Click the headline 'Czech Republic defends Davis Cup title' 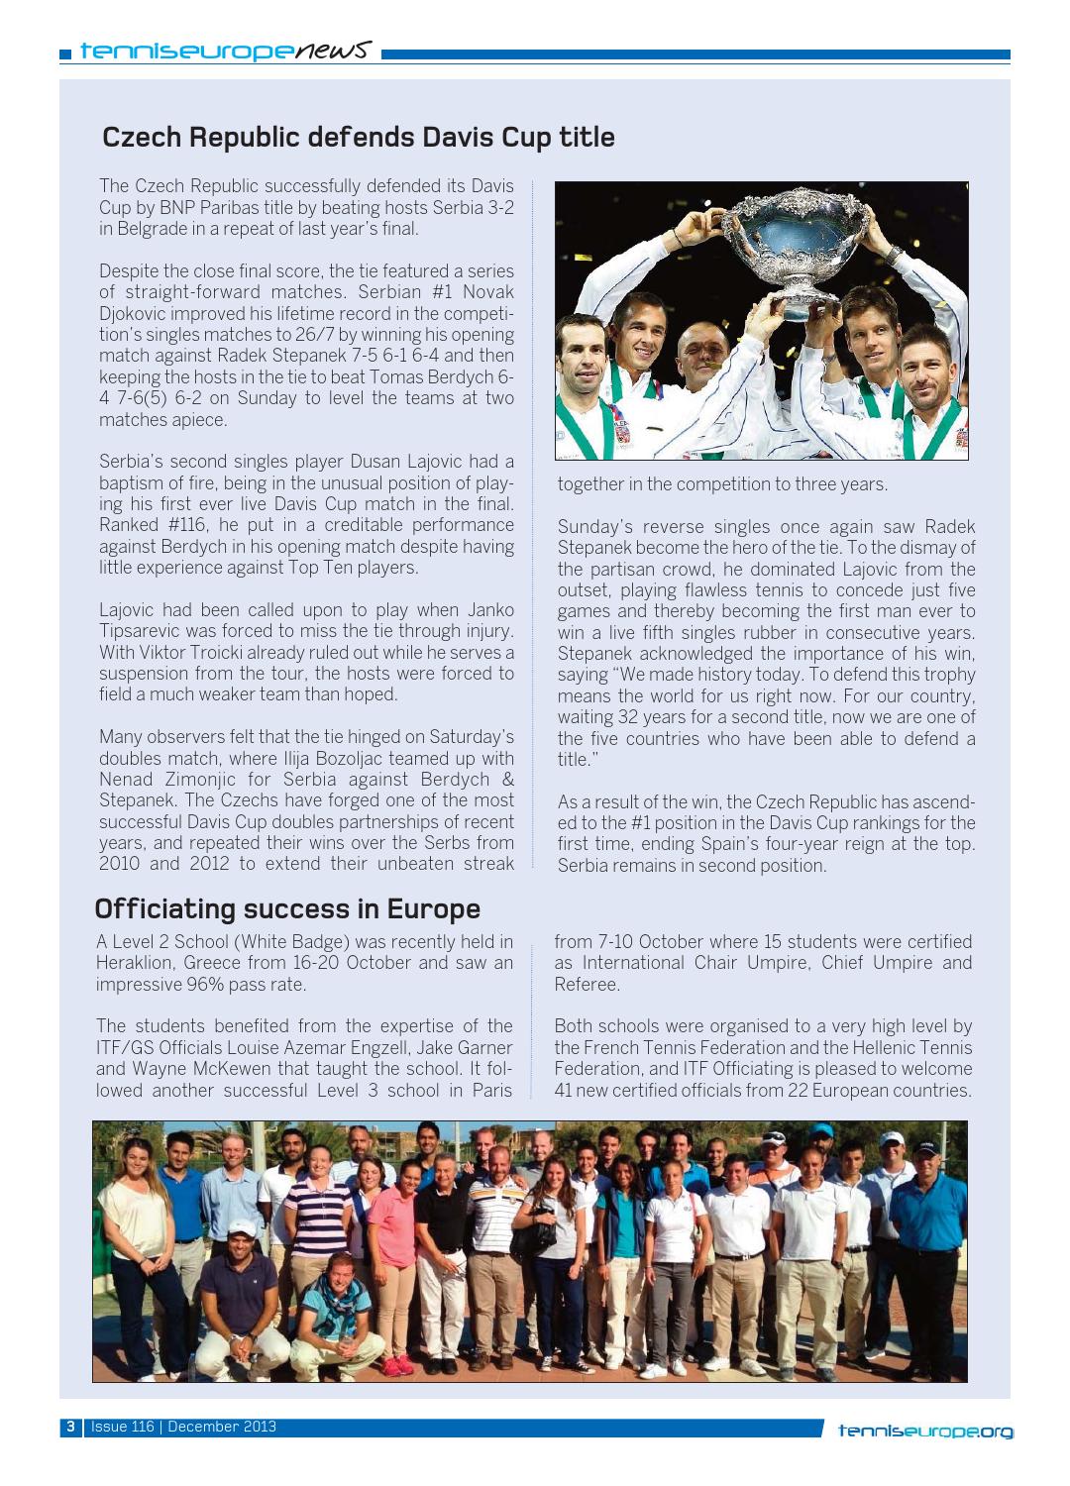click(x=359, y=137)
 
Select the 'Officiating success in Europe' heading click(x=287, y=908)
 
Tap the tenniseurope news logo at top click(x=227, y=49)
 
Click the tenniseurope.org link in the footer click(x=925, y=1430)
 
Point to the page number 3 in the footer click(x=70, y=1428)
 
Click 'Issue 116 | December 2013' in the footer click(x=183, y=1428)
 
